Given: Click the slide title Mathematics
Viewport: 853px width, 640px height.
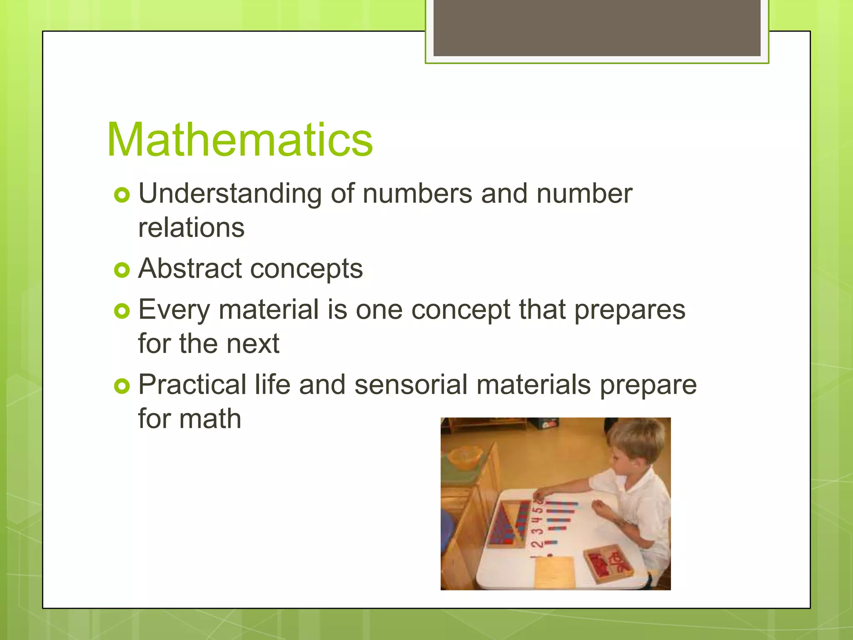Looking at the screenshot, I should (x=239, y=140).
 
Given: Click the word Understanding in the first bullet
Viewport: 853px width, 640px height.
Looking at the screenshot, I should (x=230, y=194).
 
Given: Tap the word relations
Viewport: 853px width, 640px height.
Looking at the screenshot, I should (x=191, y=228).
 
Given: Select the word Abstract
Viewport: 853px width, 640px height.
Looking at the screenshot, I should (x=190, y=268).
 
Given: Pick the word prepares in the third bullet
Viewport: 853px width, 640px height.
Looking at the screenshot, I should (x=630, y=310).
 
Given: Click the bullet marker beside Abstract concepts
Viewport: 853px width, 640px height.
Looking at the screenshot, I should (x=122, y=270).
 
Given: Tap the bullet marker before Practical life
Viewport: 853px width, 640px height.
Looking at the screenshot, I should (x=122, y=386).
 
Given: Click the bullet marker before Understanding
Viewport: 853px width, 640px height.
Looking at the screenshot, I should (x=122, y=195).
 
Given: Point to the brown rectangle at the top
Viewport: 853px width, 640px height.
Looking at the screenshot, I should (x=597, y=28).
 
